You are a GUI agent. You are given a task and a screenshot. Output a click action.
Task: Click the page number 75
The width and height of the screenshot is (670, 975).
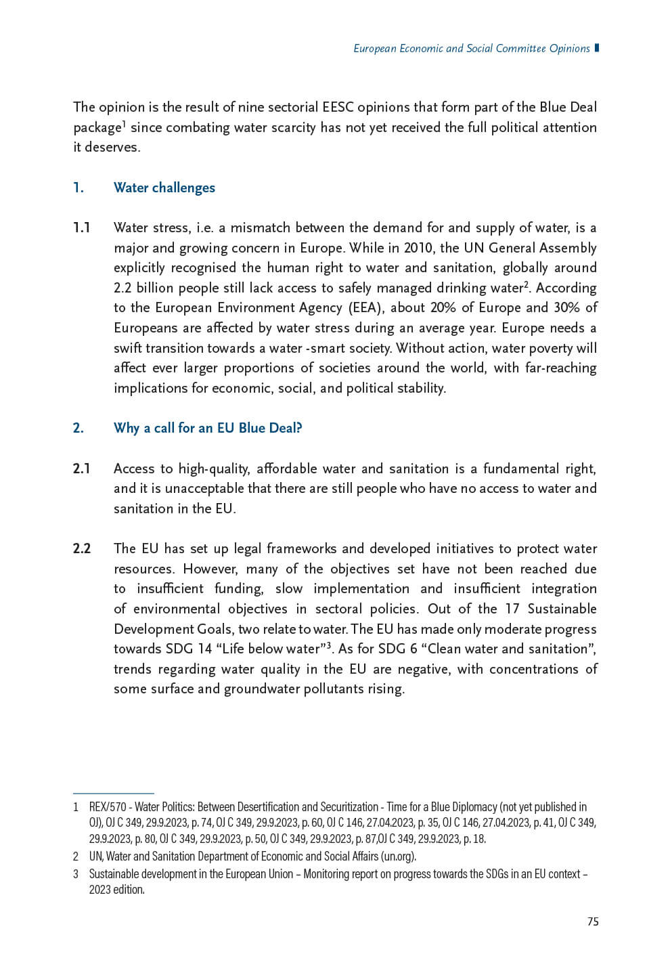click(x=593, y=922)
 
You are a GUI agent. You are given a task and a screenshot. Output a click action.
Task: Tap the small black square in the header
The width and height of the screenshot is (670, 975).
click(x=596, y=48)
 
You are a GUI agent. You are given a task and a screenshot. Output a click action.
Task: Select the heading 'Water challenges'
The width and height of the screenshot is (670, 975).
click(x=164, y=188)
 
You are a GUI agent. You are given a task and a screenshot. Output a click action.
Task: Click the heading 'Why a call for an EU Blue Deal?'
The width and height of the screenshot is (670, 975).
click(x=208, y=428)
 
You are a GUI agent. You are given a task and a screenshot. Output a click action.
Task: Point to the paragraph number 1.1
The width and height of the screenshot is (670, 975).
click(x=81, y=227)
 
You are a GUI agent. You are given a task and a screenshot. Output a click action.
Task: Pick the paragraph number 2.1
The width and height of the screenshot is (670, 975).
click(x=81, y=469)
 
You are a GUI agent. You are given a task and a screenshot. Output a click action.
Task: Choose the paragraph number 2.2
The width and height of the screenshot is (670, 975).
click(x=82, y=548)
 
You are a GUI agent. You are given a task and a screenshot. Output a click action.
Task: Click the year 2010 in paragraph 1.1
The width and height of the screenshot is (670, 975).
click(x=418, y=248)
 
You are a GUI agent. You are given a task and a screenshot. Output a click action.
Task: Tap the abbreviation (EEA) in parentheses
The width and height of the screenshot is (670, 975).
click(x=365, y=307)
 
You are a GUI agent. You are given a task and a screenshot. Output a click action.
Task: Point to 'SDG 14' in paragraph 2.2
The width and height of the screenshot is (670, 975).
click(x=189, y=649)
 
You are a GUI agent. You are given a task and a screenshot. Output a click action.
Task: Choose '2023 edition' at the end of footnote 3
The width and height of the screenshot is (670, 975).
click(x=116, y=890)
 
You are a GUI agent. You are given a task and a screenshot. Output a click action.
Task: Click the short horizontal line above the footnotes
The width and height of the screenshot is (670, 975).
click(x=113, y=793)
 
